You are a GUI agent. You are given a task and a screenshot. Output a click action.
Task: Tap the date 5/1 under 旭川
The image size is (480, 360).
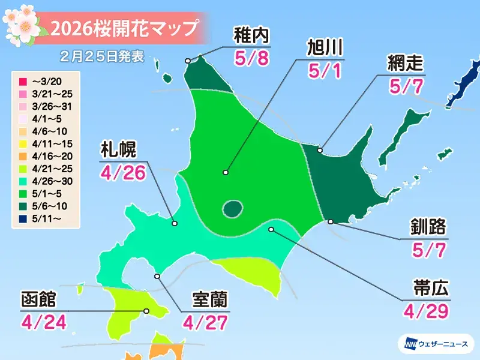tap(325, 70)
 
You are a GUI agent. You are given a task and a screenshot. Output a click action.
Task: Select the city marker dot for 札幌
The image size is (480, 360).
tap(175, 223)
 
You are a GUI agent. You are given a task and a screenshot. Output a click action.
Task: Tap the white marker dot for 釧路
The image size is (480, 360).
tap(331, 222)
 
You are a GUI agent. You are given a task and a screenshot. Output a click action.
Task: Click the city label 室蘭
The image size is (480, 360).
tap(209, 300)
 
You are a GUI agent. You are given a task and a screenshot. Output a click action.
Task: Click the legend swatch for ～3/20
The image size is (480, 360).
tap(21, 81)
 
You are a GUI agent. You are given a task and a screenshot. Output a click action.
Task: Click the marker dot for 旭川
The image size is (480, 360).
tap(226, 173)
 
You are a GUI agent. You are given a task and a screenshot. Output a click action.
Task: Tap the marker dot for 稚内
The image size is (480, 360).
tap(188, 61)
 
